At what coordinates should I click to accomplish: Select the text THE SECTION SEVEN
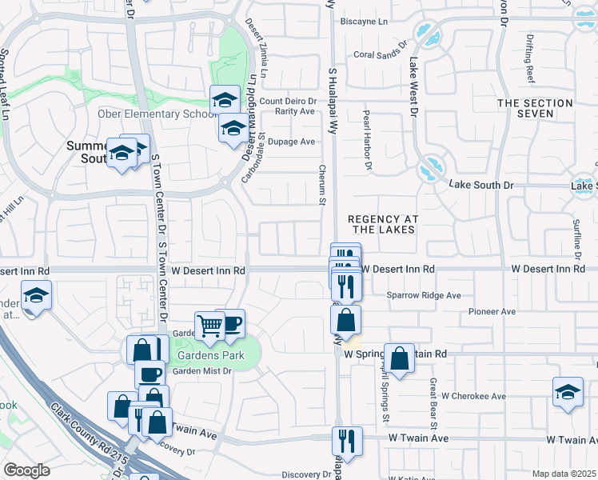click(535, 109)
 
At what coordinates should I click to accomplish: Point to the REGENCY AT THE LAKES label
click(381, 224)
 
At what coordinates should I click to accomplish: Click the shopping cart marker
click(209, 325)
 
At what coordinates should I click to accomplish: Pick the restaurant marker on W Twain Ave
click(347, 440)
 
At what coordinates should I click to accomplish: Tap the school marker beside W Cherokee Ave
click(568, 392)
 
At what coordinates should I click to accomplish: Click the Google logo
click(26, 470)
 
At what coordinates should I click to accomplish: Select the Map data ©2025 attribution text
click(564, 474)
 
